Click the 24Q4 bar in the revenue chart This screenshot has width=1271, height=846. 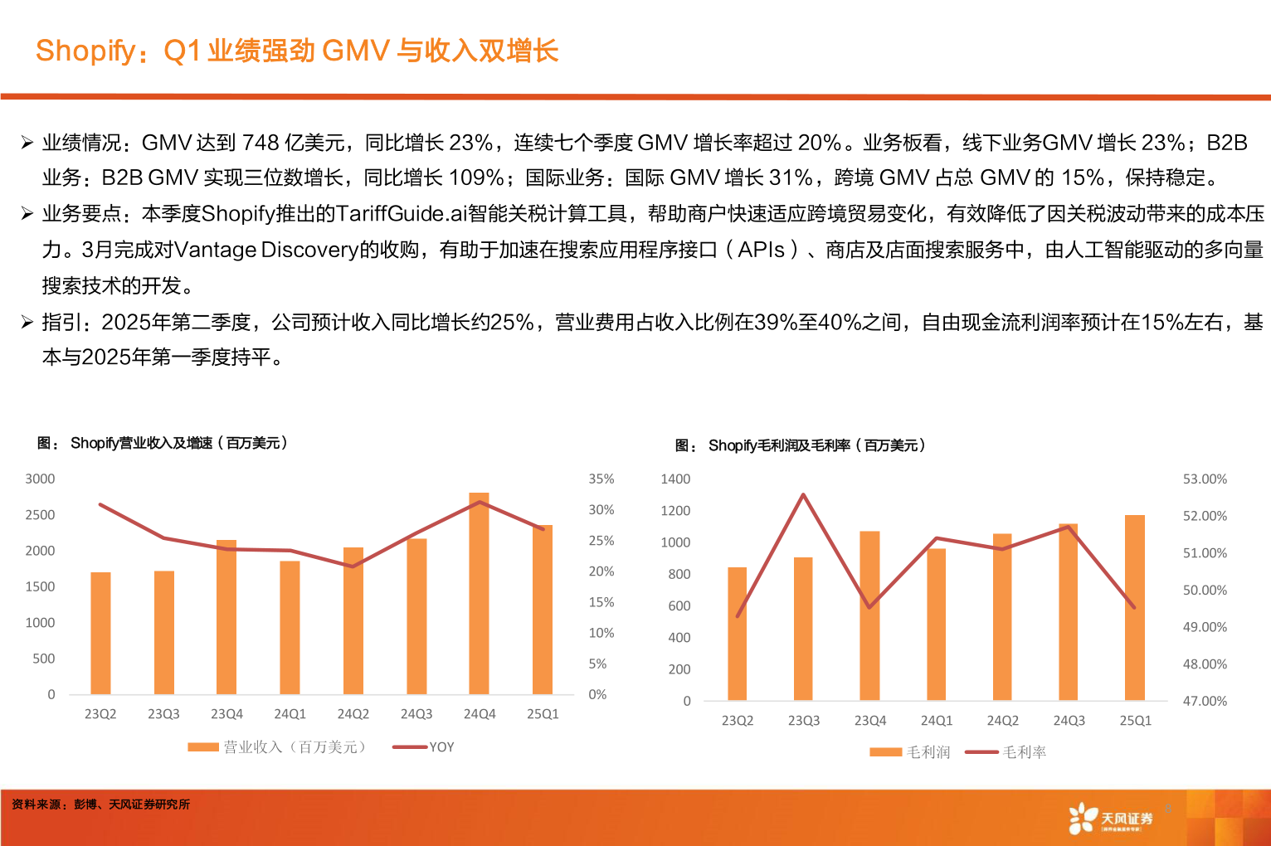click(x=479, y=594)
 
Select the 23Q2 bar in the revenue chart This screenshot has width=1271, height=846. click(x=100, y=633)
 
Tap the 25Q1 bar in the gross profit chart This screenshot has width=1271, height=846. click(x=1134, y=608)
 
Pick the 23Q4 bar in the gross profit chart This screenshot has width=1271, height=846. click(x=869, y=615)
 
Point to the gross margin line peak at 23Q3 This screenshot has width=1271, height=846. click(x=803, y=495)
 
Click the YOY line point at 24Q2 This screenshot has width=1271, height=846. click(x=353, y=566)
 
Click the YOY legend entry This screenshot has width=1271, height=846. click(x=424, y=747)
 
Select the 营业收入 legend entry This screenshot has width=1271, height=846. click(x=277, y=747)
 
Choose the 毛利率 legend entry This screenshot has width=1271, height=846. click(x=1006, y=752)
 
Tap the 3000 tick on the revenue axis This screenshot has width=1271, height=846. click(x=40, y=479)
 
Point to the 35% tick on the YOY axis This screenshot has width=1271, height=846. click(x=601, y=479)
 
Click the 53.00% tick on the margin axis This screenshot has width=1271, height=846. click(x=1205, y=479)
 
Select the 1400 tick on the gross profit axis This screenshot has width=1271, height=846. click(x=675, y=479)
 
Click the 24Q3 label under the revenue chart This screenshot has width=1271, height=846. click(x=416, y=714)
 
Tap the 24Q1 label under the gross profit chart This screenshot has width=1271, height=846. click(x=936, y=721)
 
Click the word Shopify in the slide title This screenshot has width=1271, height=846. click(x=85, y=51)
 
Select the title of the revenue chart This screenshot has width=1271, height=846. click(x=163, y=444)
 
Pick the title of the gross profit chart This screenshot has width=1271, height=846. click(x=801, y=446)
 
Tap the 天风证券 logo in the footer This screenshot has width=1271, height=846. click(x=1111, y=819)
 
